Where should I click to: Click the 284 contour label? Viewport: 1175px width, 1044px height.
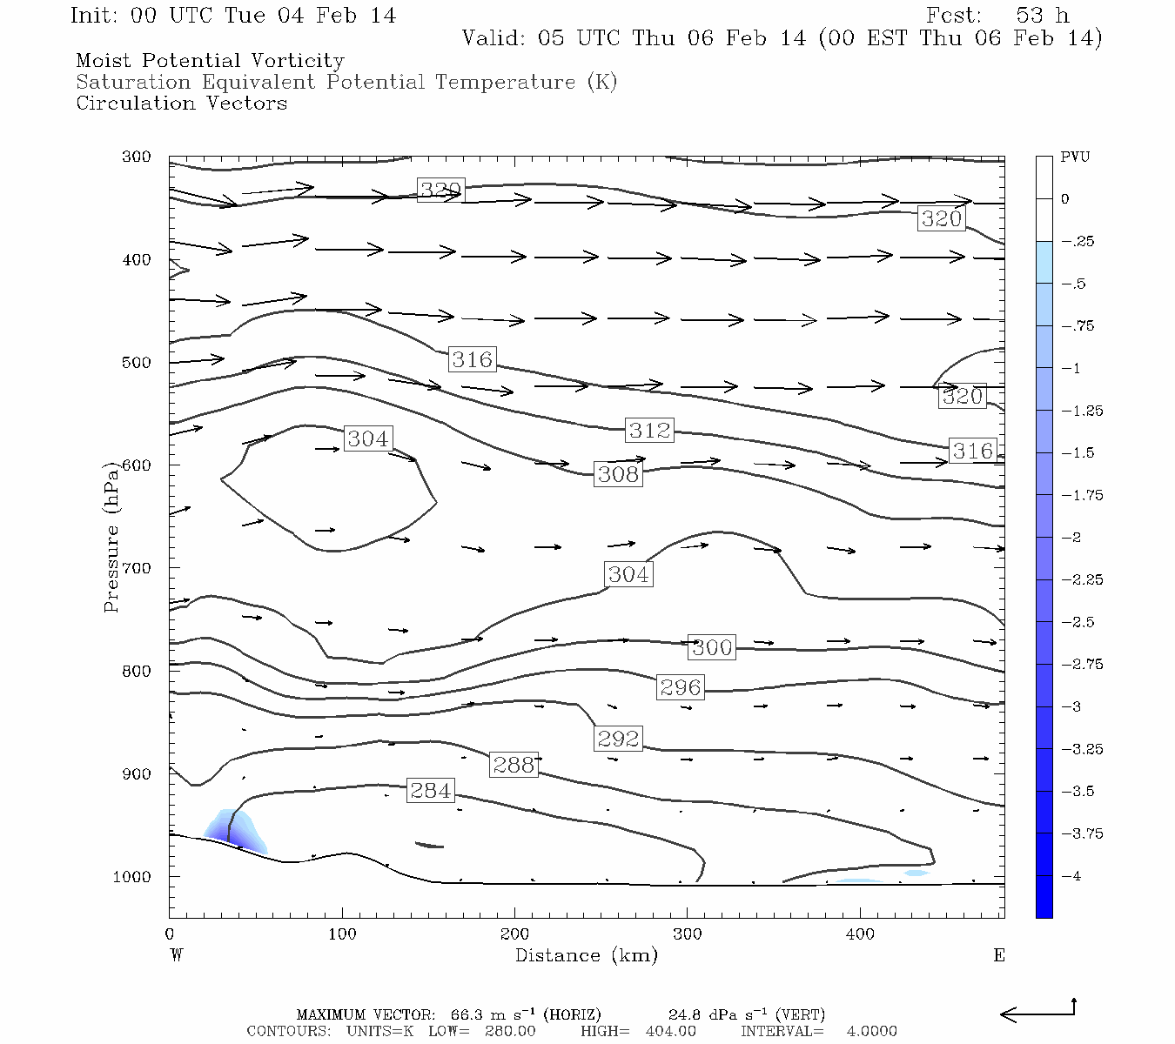click(x=431, y=791)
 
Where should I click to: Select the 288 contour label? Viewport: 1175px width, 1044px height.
click(x=514, y=765)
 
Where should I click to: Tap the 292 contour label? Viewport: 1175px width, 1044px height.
click(x=619, y=739)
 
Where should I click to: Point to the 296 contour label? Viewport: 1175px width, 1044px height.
click(x=681, y=687)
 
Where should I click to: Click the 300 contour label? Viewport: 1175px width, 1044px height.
click(x=712, y=647)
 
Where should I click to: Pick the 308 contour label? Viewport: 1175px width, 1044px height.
click(x=619, y=474)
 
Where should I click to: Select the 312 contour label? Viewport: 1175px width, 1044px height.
click(x=650, y=430)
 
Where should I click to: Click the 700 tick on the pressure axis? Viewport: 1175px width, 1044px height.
click(x=137, y=568)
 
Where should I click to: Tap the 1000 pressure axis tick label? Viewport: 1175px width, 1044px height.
click(x=132, y=877)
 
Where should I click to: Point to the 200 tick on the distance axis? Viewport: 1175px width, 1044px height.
click(x=514, y=934)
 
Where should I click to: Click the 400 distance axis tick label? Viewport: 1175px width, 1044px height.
click(x=860, y=934)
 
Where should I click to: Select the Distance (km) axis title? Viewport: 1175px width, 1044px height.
click(x=587, y=955)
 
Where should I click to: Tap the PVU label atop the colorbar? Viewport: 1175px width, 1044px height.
click(x=1075, y=157)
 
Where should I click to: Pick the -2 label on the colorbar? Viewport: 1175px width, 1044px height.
click(x=1071, y=538)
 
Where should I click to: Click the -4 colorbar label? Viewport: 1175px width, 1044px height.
click(x=1071, y=876)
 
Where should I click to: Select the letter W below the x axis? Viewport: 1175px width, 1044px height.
click(x=176, y=955)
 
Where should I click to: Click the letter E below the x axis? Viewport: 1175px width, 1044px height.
click(x=999, y=955)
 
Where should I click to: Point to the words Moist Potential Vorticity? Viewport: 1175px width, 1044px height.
click(x=210, y=61)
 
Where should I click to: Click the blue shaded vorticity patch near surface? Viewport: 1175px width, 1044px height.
click(x=235, y=831)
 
